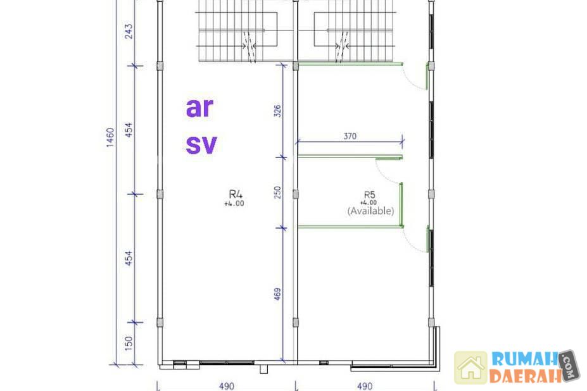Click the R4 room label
236,194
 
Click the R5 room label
370,195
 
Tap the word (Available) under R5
370,211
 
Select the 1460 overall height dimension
110,138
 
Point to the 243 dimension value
129,32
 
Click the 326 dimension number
277,111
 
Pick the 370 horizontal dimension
350,136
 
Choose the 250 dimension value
277,193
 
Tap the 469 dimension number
277,294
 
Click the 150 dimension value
129,344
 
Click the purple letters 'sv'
201,145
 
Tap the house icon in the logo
471,368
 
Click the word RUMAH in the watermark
525,359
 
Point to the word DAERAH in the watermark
525,376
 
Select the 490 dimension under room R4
227,386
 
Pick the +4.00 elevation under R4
234,204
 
